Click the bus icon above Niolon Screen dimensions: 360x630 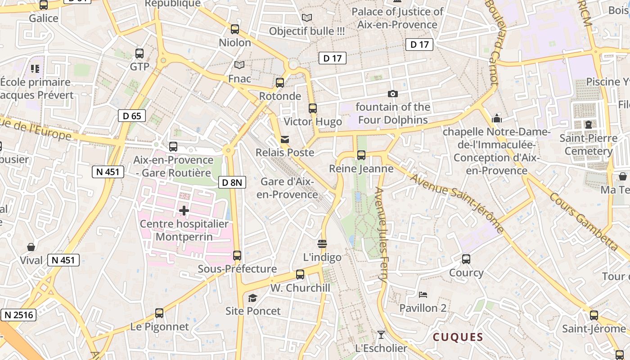[234, 29]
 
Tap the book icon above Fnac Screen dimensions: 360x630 [239, 65]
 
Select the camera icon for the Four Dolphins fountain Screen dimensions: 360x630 [393, 94]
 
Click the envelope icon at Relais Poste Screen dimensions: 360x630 [285, 139]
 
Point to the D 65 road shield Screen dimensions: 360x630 [132, 116]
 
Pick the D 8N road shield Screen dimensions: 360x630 [233, 182]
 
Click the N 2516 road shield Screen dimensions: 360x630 [18, 315]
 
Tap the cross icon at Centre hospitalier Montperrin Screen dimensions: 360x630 [184, 210]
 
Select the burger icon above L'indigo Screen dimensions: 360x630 [322, 244]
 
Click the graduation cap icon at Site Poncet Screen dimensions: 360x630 [253, 298]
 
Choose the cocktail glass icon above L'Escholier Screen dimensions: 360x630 [381, 334]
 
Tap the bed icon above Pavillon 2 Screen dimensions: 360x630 [423, 295]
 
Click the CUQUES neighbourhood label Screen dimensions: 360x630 [458, 337]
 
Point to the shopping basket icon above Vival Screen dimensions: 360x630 [31, 247]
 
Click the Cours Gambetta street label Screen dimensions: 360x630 [584, 222]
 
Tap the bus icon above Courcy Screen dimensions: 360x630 [466, 259]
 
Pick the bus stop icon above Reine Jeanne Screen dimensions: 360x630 [361, 155]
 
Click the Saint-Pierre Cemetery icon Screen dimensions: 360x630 [588, 125]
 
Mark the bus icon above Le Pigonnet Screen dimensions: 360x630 [159, 313]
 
